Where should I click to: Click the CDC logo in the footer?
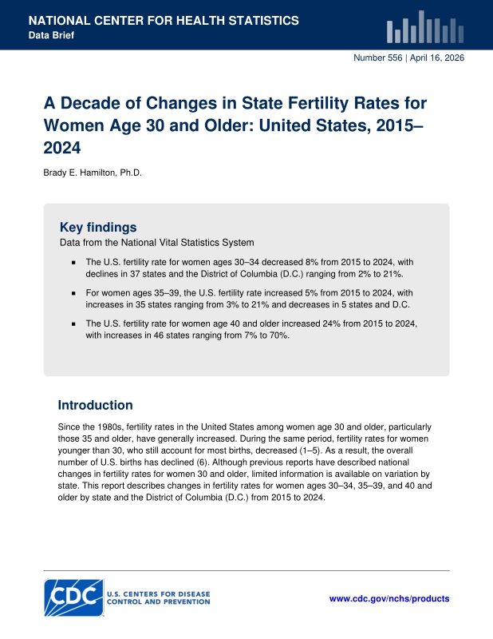pyautogui.click(x=73, y=597)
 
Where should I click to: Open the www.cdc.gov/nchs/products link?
pyautogui.click(x=389, y=598)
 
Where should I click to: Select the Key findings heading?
pyautogui.click(x=98, y=227)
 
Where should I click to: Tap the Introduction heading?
pyautogui.click(x=95, y=405)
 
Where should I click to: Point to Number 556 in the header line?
pyautogui.click(x=378, y=58)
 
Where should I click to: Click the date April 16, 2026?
pyautogui.click(x=437, y=58)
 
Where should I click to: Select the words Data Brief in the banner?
pyautogui.click(x=51, y=35)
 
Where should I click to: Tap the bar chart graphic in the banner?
pyautogui.click(x=425, y=27)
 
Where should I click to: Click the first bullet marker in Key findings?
pyautogui.click(x=73, y=263)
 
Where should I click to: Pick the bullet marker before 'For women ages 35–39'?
pyautogui.click(x=73, y=293)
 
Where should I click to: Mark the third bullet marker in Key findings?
pyautogui.click(x=73, y=324)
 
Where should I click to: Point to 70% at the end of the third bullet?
pyautogui.click(x=280, y=335)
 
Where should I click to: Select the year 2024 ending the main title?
pyautogui.click(x=62, y=148)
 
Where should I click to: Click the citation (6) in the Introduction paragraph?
pyautogui.click(x=203, y=462)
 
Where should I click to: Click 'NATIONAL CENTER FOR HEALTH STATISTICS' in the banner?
pyautogui.click(x=164, y=21)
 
